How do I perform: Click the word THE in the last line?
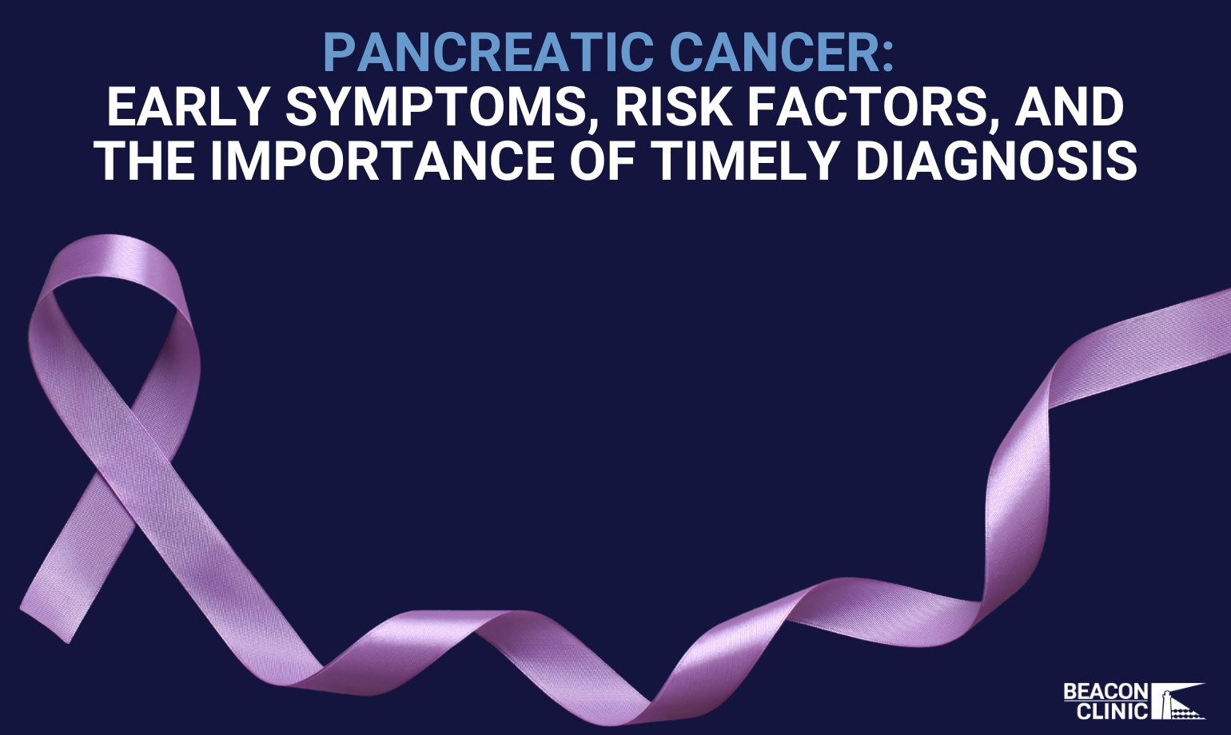pos(145,160)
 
